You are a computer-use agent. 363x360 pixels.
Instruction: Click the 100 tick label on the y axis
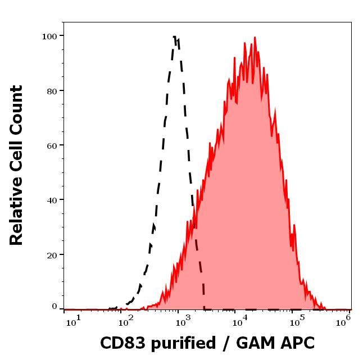click(49, 36)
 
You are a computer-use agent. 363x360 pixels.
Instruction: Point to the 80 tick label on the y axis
click(52, 90)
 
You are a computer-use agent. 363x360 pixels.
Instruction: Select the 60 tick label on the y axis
click(52, 145)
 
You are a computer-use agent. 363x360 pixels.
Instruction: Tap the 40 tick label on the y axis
click(52, 200)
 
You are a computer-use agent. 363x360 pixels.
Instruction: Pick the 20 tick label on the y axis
click(52, 254)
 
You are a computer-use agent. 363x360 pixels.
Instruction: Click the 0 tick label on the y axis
click(55, 307)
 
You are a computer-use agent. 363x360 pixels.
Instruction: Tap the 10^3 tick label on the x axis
click(184, 320)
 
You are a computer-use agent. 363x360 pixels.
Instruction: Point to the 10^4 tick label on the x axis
click(239, 320)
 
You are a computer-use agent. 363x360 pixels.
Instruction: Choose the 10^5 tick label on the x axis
click(293, 320)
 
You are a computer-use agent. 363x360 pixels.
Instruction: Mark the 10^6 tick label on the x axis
click(343, 320)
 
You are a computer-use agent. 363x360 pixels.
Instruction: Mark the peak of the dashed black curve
click(175, 37)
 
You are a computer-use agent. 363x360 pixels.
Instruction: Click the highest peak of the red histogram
click(255, 38)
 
